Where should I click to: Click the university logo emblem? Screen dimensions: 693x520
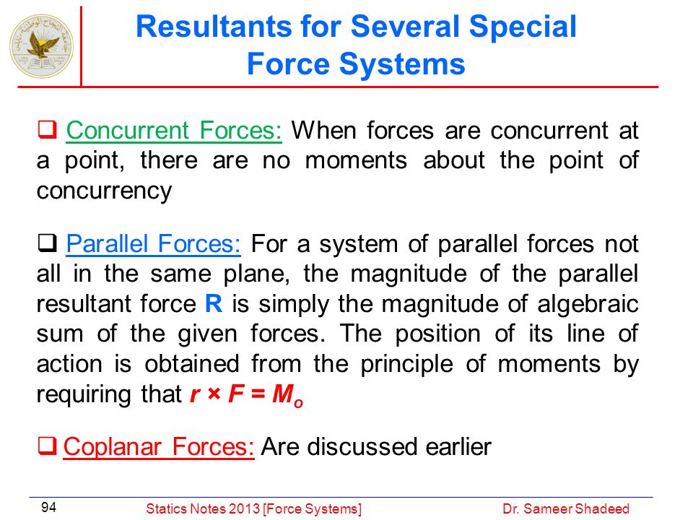(42, 46)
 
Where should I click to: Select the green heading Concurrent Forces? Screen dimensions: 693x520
(174, 131)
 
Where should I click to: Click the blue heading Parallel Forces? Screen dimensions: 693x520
(153, 243)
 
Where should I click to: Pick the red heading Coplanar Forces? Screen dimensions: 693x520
(159, 446)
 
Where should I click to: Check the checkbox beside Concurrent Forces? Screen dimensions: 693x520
(47, 129)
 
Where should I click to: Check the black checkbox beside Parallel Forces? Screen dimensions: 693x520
(47, 243)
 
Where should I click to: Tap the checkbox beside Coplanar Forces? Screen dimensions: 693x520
(47, 446)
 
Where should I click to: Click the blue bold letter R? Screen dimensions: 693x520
(214, 304)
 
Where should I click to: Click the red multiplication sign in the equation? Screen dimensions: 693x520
(214, 394)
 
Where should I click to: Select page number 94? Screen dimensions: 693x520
(48, 507)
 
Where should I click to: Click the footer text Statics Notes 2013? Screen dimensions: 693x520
(204, 509)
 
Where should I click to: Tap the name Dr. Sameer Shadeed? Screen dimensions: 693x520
(566, 509)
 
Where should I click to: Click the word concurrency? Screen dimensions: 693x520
(104, 192)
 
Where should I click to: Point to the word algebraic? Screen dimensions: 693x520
(588, 304)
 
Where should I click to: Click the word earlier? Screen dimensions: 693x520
(458, 446)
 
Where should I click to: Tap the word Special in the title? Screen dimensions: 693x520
(523, 27)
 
